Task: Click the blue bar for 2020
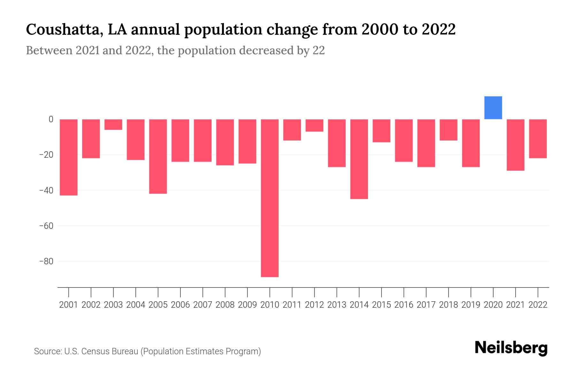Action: (493, 108)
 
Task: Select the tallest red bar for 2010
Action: (270, 198)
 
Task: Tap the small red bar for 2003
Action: (113, 124)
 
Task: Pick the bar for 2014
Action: (359, 159)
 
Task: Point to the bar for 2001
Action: (69, 157)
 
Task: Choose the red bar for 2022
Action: (538, 139)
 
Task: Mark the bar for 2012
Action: (314, 125)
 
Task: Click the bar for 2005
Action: (158, 156)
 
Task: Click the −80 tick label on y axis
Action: (46, 261)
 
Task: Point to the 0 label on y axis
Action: (51, 119)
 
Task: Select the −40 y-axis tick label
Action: (46, 191)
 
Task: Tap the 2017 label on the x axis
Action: (426, 305)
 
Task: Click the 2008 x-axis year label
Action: (225, 305)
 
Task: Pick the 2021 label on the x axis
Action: (515, 305)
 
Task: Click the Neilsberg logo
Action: (511, 348)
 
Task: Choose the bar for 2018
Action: (448, 130)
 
